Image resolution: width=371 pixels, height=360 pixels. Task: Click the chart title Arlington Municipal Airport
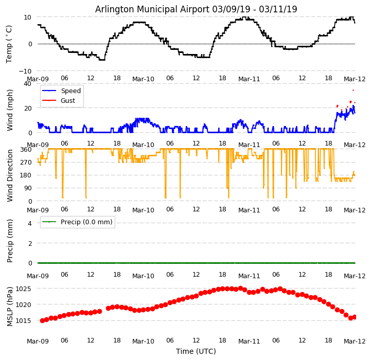(x=196, y=9)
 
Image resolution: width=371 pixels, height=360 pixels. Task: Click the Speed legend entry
(x=70, y=91)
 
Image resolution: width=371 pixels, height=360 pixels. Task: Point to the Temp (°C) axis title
(x=9, y=44)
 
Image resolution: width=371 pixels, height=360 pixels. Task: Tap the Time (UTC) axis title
(x=196, y=351)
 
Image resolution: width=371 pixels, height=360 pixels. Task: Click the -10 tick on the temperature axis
(x=25, y=71)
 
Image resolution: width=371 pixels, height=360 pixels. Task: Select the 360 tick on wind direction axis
(x=26, y=149)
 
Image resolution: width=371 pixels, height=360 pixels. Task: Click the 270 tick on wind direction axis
(x=26, y=162)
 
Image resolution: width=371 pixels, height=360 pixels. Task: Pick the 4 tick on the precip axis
(x=30, y=223)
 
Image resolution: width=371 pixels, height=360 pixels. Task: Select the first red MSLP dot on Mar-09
(x=42, y=320)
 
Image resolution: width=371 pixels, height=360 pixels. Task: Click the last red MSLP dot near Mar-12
(x=355, y=317)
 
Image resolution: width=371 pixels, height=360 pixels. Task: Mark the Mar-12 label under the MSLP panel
(x=355, y=340)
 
